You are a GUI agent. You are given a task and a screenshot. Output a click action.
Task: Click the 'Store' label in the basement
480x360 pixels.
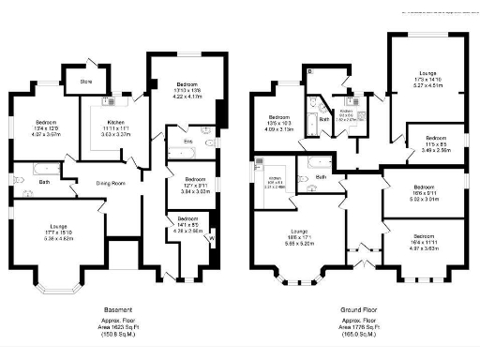tap(86, 81)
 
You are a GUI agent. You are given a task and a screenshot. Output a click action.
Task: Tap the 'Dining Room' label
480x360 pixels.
tap(112, 182)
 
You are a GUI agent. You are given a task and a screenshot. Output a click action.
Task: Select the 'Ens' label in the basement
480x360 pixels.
tap(187, 142)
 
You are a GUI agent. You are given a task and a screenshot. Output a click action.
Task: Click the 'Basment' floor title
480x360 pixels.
tap(117, 308)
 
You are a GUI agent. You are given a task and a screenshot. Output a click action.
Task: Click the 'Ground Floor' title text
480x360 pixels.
tap(357, 308)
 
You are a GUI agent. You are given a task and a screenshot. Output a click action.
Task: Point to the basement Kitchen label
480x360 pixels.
tap(117, 123)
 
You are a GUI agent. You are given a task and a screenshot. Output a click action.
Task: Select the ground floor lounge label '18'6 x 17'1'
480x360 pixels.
tap(300, 237)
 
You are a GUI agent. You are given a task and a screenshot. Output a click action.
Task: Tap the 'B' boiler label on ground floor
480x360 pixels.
tap(310, 70)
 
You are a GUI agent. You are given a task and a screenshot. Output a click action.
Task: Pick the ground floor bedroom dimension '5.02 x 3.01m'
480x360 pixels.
tap(424, 199)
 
